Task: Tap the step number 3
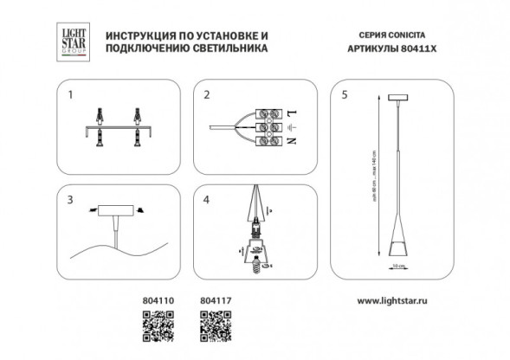coord(70,198)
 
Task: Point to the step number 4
coord(206,198)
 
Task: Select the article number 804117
coord(213,302)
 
